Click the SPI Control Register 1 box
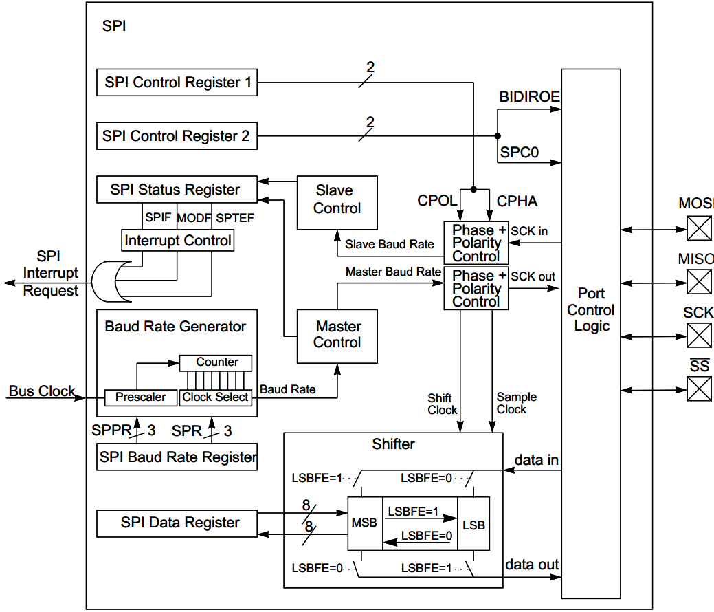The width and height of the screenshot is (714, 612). [x=177, y=83]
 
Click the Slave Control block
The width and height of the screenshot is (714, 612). [x=337, y=203]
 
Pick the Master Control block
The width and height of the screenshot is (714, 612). [x=337, y=336]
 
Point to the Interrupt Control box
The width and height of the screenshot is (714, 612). [x=178, y=241]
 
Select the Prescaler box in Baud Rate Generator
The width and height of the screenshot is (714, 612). [x=140, y=397]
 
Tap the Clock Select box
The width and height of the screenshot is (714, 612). [x=216, y=397]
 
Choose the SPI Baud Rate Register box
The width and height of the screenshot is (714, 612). [x=177, y=457]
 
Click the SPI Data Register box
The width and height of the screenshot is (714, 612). [x=177, y=523]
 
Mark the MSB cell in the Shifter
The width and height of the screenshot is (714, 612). [x=364, y=523]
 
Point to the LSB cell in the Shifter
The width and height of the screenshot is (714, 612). [x=473, y=524]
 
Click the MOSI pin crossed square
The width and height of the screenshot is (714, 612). [x=699, y=228]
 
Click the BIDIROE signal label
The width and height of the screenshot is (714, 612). [x=529, y=96]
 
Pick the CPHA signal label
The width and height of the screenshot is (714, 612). [x=517, y=201]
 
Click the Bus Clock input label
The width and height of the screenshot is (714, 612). [x=41, y=391]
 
